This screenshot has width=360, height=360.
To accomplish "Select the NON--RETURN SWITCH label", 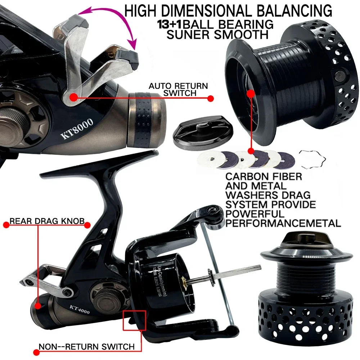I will (x=86, y=347).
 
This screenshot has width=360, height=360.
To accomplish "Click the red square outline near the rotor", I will (x=134, y=320).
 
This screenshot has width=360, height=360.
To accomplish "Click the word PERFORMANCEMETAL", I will (x=283, y=223).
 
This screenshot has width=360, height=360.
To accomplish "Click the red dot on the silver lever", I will (x=73, y=96).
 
